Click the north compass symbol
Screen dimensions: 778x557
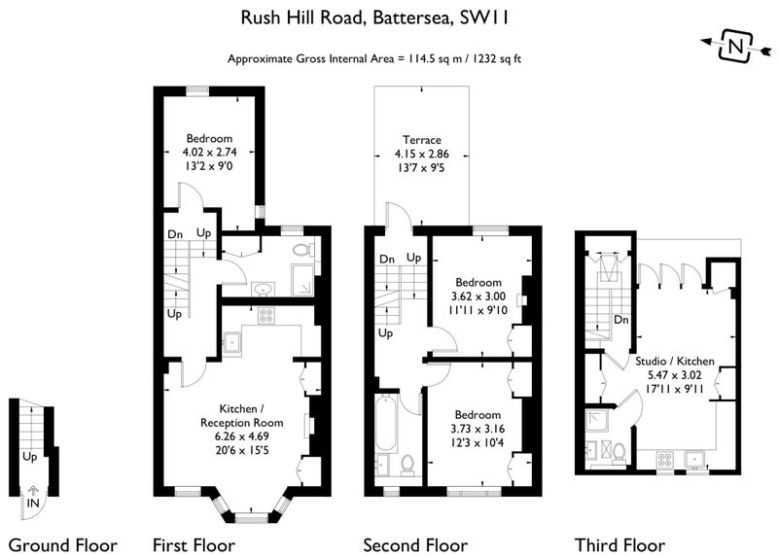click(736, 47)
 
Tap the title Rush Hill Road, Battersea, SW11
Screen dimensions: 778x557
click(374, 17)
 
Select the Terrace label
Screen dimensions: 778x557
click(422, 140)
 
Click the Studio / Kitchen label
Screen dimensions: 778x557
click(675, 361)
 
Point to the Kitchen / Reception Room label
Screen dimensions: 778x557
click(241, 416)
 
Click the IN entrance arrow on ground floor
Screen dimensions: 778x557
click(33, 491)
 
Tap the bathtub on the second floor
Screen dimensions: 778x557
click(386, 423)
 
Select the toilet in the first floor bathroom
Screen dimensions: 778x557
click(302, 249)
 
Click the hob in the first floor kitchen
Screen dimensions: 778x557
click(266, 316)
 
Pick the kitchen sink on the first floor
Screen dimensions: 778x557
click(232, 342)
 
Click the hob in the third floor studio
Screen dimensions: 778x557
click(664, 459)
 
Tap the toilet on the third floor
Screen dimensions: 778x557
click(619, 453)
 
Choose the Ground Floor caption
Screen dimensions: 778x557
click(63, 545)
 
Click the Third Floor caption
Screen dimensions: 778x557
click(619, 545)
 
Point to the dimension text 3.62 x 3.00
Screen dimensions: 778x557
click(478, 296)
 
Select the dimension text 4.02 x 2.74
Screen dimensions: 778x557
click(209, 153)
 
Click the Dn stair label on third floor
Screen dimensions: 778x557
click(621, 320)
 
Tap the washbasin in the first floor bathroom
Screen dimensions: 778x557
click(263, 288)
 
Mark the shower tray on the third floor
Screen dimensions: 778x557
click(598, 421)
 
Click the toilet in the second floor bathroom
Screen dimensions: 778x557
click(407, 465)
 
